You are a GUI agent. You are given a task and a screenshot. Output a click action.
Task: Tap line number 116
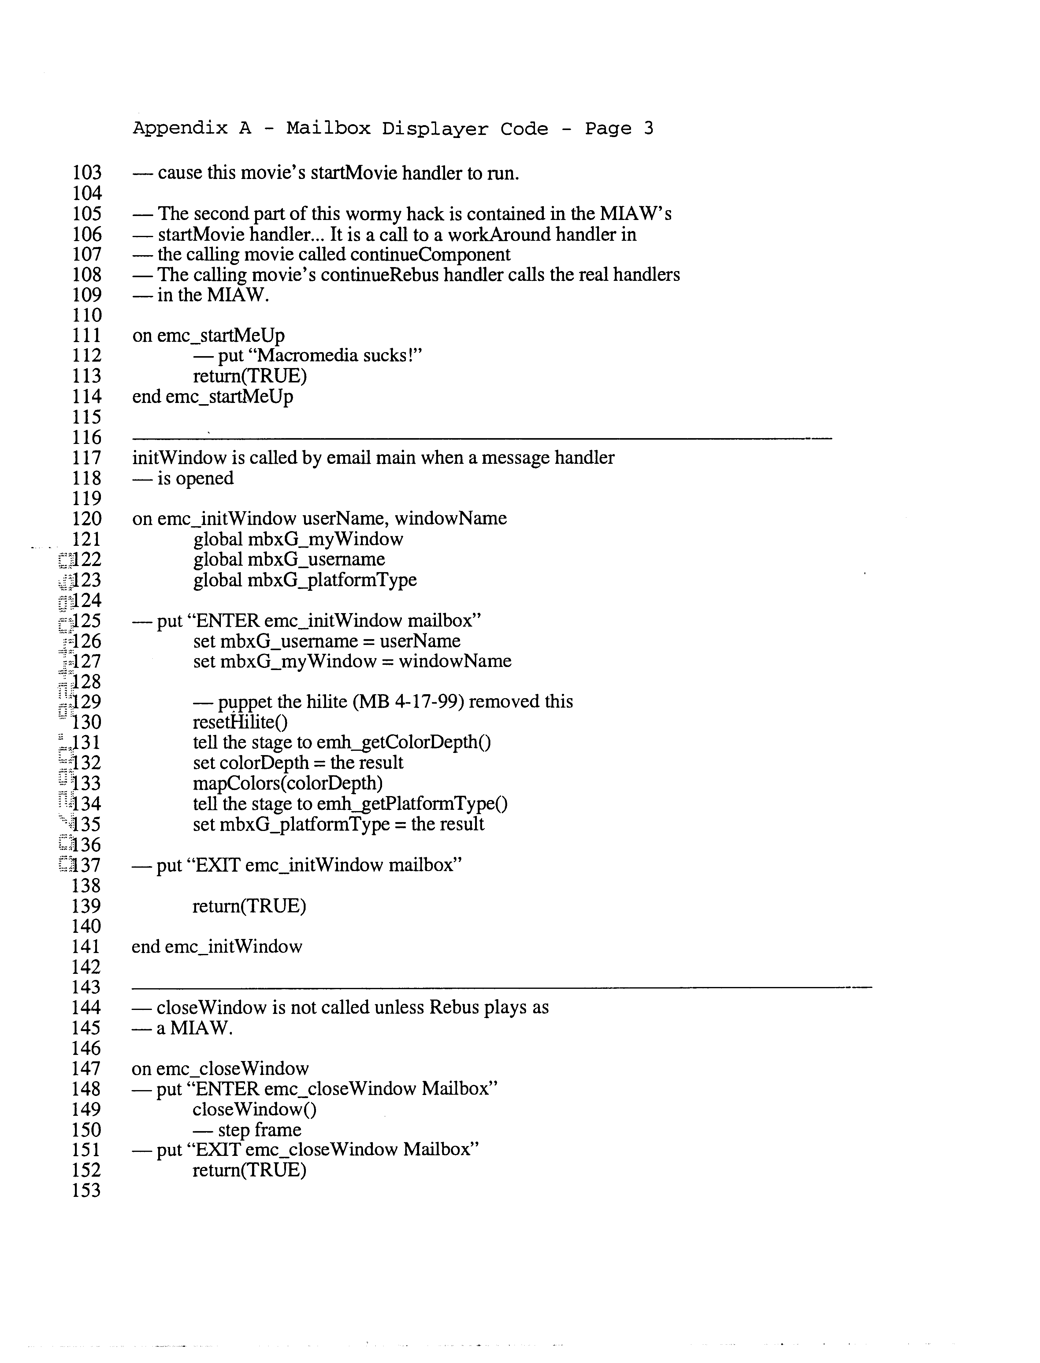pyautogui.click(x=87, y=438)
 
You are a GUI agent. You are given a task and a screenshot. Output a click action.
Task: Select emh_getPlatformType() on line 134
pyautogui.click(x=412, y=804)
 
